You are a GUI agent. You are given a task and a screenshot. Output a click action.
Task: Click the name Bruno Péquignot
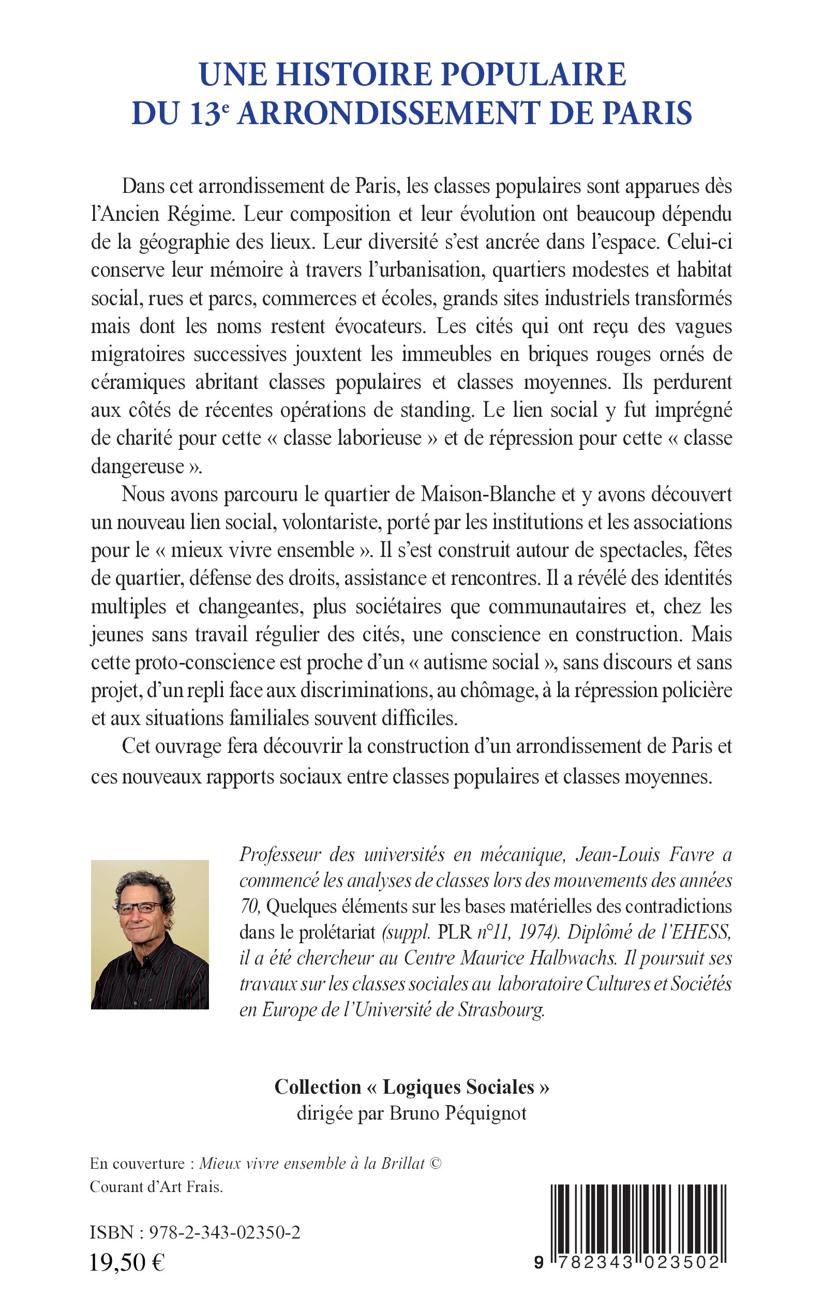[x=458, y=1113]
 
